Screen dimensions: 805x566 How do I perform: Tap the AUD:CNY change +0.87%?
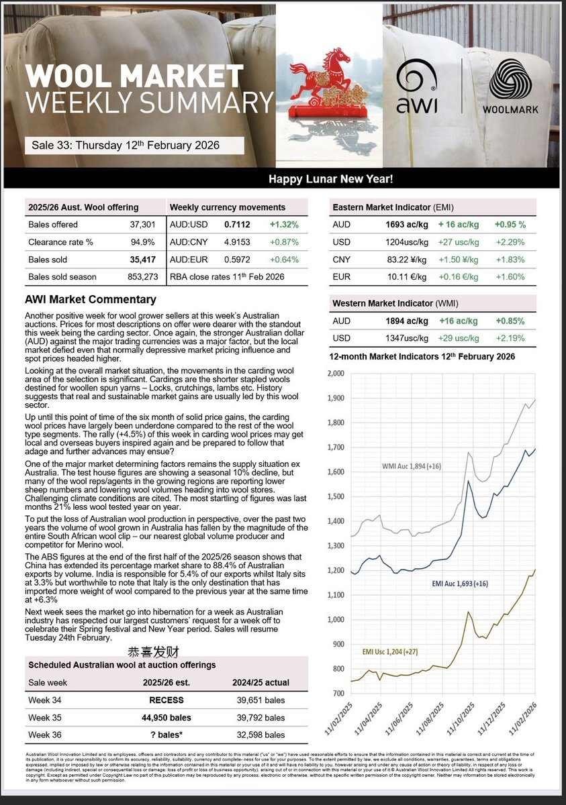[x=284, y=241]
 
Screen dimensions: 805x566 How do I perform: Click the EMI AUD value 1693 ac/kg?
[x=399, y=224]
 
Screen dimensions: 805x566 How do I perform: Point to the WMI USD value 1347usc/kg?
[x=399, y=338]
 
